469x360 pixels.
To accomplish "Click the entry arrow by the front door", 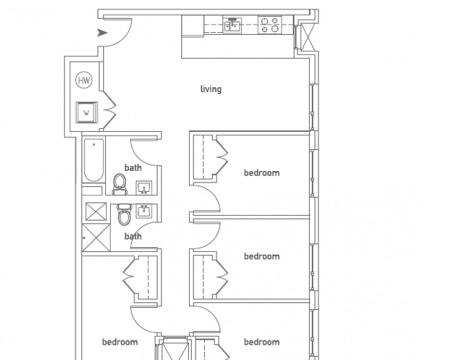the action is tap(102, 33).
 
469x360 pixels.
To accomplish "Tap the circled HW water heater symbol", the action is tap(84, 80).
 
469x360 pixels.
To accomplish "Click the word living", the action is tap(211, 89).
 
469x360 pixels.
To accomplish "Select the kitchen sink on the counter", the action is tap(233, 25).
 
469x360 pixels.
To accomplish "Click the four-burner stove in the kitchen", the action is tap(270, 25).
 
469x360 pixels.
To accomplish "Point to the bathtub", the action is tap(94, 160).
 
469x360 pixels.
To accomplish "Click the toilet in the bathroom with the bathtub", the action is tap(120, 184).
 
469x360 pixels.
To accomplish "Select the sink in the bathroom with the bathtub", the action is tap(144, 188).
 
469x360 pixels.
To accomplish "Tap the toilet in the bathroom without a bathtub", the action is tap(124, 214).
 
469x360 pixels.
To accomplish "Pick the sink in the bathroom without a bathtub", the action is tap(144, 211).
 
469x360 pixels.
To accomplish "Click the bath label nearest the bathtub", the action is tap(133, 168).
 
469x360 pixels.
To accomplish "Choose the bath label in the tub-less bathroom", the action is tap(133, 236).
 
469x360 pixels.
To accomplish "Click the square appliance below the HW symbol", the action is tap(87, 112).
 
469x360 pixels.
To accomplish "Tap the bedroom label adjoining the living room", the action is tap(262, 173).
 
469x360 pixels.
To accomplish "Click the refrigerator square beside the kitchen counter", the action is tap(192, 26).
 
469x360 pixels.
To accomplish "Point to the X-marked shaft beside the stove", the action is tap(306, 37).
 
